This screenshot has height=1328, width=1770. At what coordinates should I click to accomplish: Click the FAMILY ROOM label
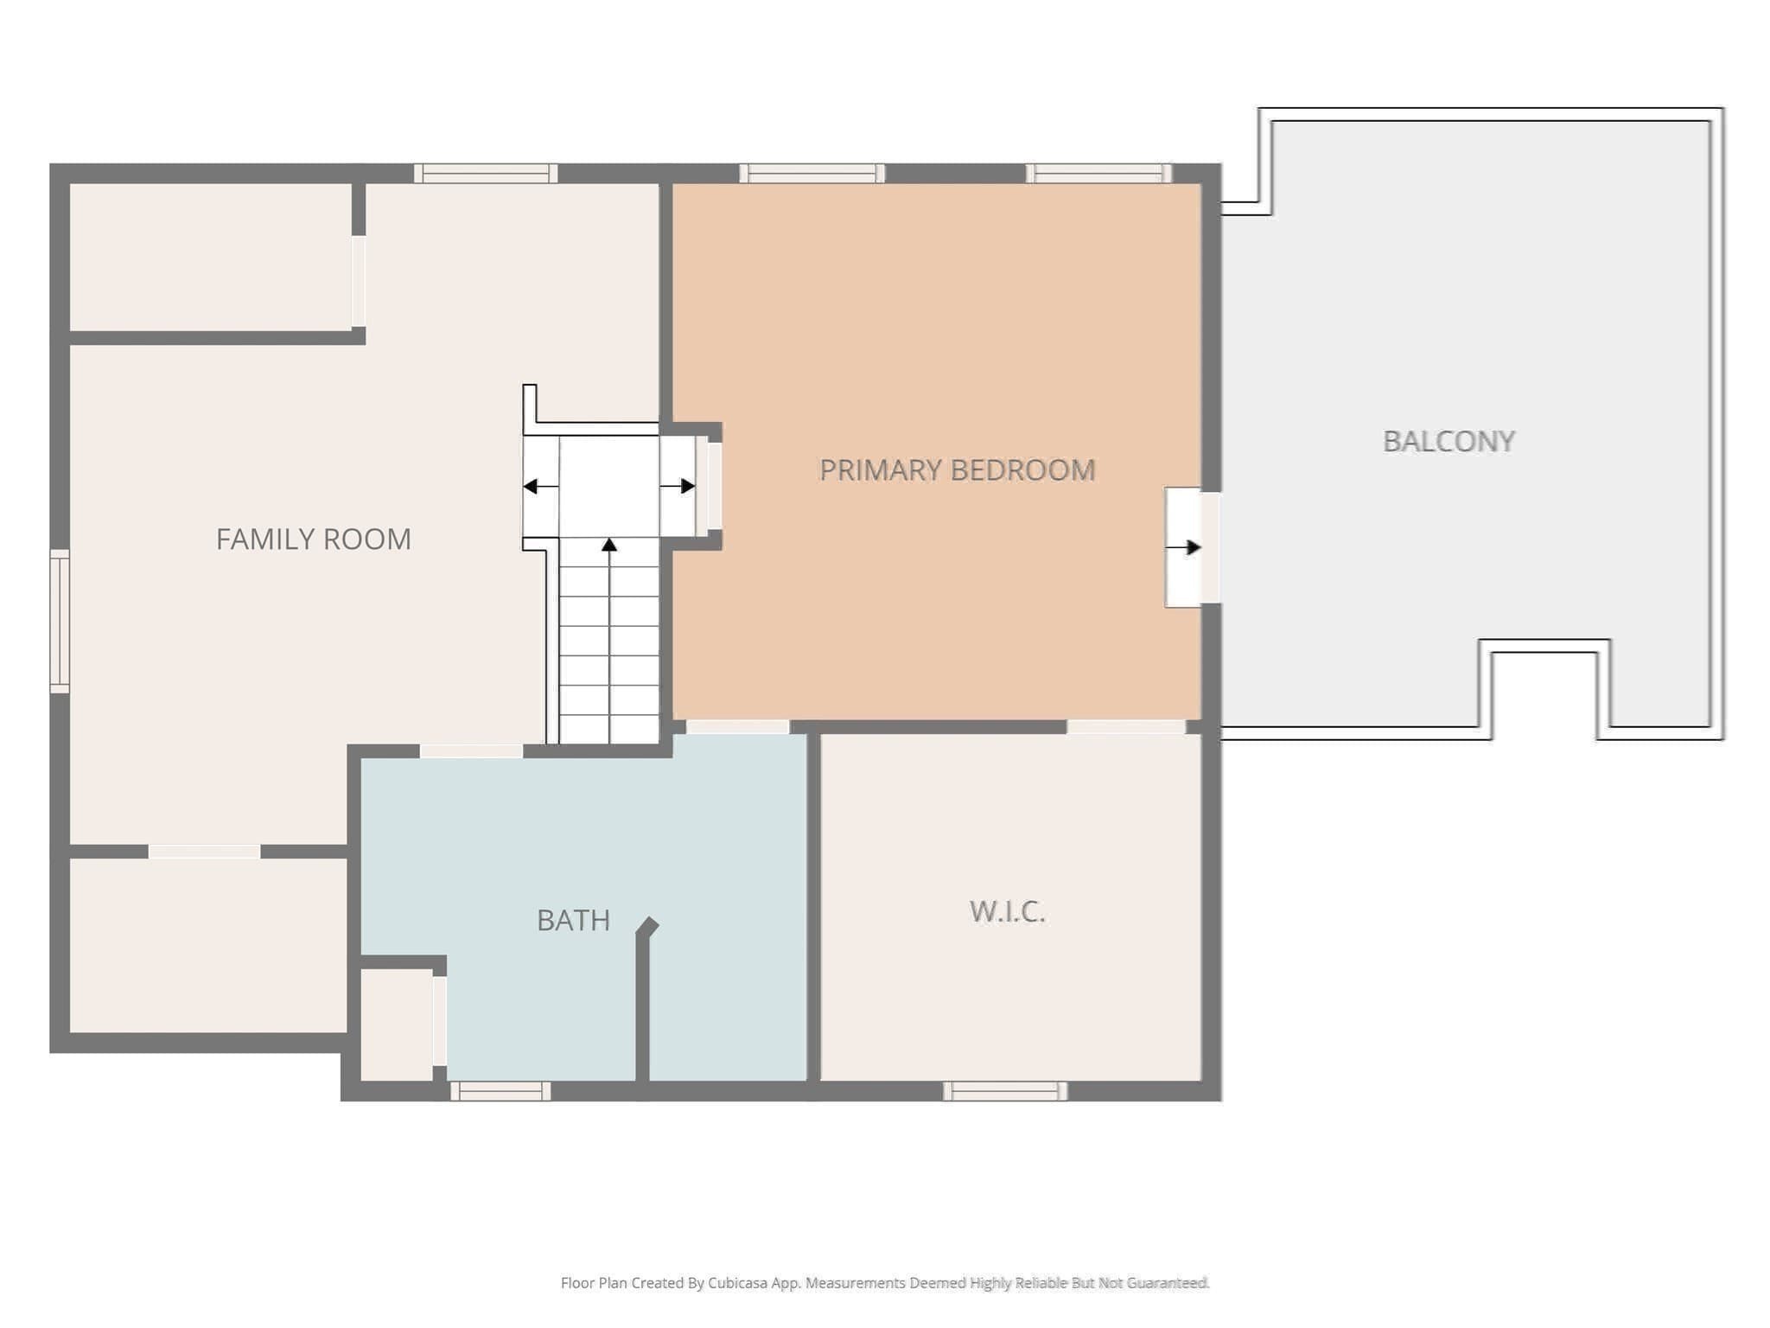click(x=313, y=539)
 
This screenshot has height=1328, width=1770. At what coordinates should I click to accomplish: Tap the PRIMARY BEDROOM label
click(x=957, y=469)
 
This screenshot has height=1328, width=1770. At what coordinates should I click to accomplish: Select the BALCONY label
click(x=1448, y=441)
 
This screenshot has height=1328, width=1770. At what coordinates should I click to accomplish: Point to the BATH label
click(x=573, y=920)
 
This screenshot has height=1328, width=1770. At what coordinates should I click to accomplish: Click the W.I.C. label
click(x=1007, y=911)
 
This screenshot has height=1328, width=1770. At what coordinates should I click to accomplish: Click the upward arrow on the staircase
click(x=609, y=640)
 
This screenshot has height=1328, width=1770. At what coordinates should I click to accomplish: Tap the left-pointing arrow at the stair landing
click(x=541, y=487)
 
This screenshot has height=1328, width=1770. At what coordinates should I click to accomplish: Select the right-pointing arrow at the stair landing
click(x=678, y=486)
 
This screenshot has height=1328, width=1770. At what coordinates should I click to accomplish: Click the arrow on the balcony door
click(x=1183, y=547)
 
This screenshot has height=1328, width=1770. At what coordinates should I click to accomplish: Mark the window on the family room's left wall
click(x=60, y=621)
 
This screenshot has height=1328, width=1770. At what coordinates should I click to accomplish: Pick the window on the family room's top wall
click(x=486, y=174)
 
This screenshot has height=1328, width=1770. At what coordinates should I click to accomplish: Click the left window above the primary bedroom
click(x=812, y=174)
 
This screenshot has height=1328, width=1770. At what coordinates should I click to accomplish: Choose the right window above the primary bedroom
click(x=1098, y=174)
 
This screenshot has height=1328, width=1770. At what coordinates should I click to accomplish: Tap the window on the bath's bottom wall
click(x=500, y=1091)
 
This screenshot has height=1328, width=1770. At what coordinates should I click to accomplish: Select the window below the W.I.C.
click(x=1005, y=1091)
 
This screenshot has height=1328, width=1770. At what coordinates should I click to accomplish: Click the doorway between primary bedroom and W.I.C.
click(x=1126, y=727)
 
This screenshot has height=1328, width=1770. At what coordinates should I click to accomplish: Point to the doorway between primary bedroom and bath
click(x=738, y=727)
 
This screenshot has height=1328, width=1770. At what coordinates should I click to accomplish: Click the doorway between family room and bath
click(x=471, y=751)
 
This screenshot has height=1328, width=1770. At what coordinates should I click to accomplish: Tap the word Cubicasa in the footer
click(x=737, y=1283)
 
